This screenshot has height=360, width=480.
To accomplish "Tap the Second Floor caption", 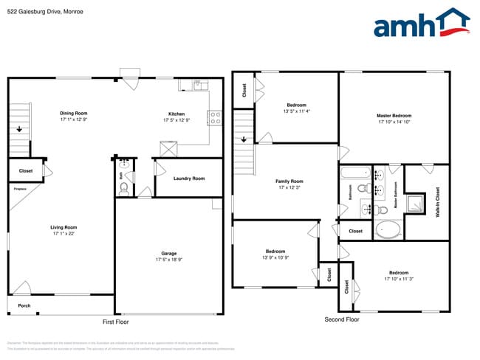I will click(342, 319).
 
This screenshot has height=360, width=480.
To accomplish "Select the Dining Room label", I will click(74, 114).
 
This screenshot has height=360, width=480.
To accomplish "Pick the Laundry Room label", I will click(188, 179).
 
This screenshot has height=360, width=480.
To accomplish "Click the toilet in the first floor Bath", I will click(124, 189).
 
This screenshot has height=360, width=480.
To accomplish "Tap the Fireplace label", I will click(20, 189).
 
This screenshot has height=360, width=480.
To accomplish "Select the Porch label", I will click(24, 305).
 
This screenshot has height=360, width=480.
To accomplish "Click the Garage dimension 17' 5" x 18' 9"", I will click(169, 260).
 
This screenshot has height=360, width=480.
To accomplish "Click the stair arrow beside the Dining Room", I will click(18, 131).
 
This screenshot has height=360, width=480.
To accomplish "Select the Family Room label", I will click(289, 181).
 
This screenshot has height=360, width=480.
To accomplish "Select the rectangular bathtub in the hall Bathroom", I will click(354, 174).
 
